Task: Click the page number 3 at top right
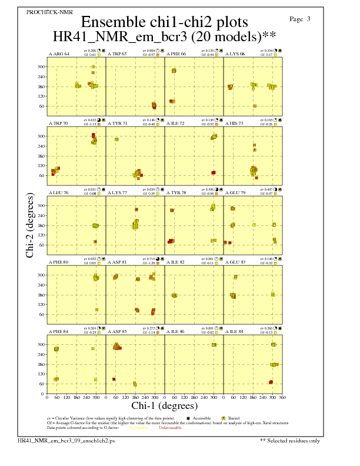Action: tap(300, 19)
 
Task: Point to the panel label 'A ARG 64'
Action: tap(59, 54)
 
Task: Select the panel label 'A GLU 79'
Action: tap(235, 192)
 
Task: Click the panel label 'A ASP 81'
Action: tap(118, 262)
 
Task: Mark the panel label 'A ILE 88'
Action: tap(235, 331)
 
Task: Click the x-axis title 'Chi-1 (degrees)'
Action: tap(164, 405)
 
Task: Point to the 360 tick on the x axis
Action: tap(282, 397)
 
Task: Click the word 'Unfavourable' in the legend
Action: tap(169, 428)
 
